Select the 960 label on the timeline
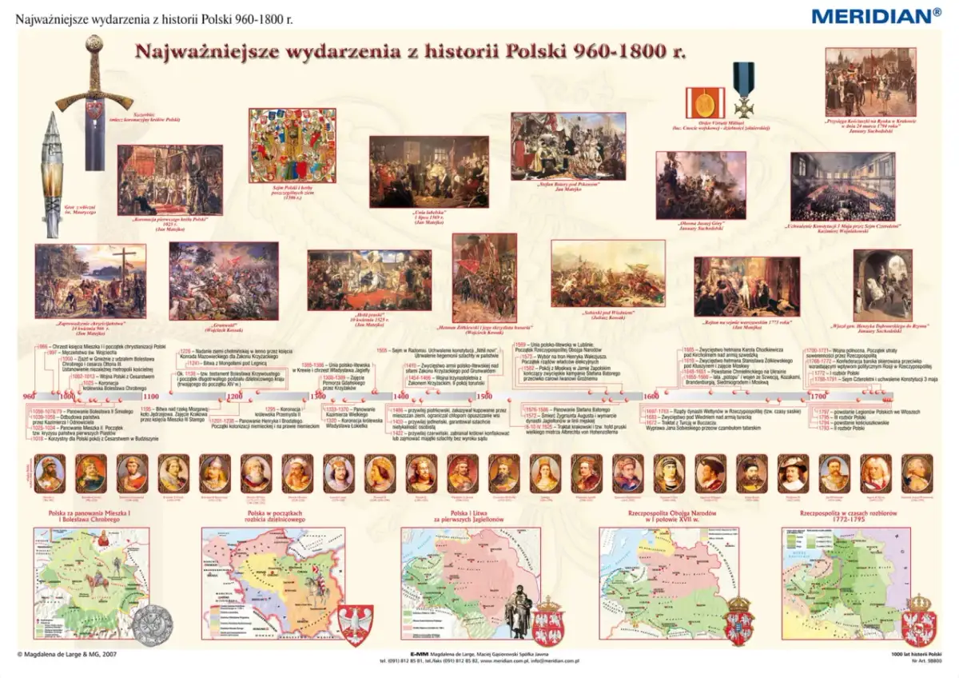pos(29,397)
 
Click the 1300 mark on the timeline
pos(318,397)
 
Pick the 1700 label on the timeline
pos(818,397)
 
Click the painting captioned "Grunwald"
pos(224,281)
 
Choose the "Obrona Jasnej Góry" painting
pos(701,185)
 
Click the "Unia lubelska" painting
pos(428,171)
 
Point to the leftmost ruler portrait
pos(50,473)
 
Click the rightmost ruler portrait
pos(916,473)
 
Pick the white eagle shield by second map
pos(355,622)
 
